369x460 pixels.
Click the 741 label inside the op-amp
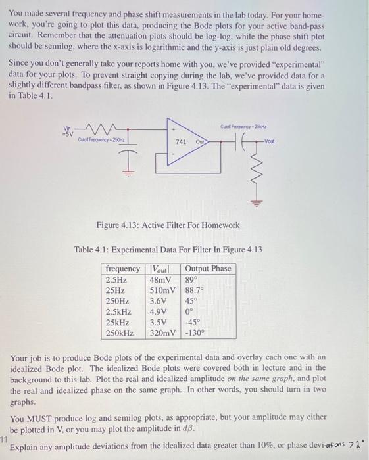(182, 142)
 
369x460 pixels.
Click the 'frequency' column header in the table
(122, 269)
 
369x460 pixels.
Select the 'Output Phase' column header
(208, 269)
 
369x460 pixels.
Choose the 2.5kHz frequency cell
(119, 312)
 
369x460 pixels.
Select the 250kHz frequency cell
(120, 333)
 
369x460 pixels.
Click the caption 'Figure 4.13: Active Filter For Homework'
(168, 226)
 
